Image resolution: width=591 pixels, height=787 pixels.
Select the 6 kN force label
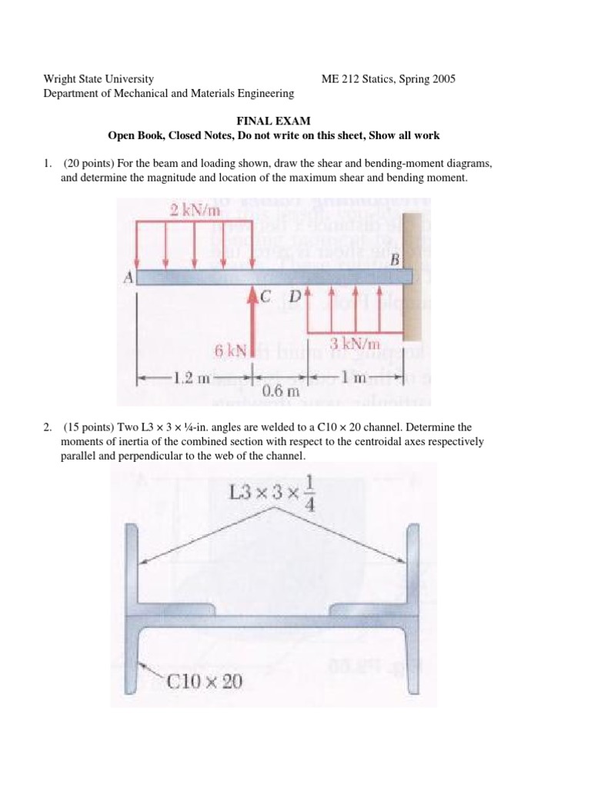point(231,351)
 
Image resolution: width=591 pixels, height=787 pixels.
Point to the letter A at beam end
point(129,277)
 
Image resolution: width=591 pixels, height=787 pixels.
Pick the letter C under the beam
point(267,297)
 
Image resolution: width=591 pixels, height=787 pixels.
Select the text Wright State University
point(98,79)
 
